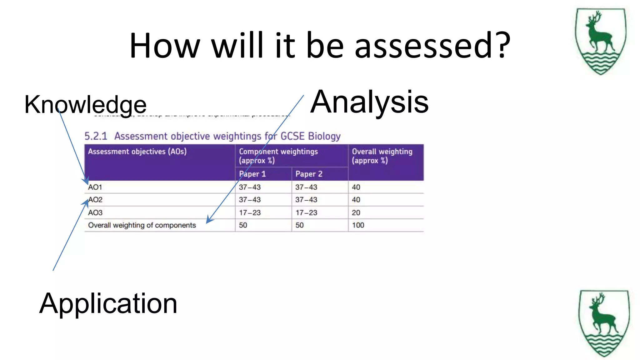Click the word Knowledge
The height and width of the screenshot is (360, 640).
click(x=85, y=105)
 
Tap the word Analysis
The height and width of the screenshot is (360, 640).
click(x=369, y=102)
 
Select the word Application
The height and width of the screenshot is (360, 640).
click(x=108, y=303)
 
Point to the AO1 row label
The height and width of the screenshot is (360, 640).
click(x=95, y=187)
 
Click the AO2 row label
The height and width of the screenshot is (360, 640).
click(x=95, y=200)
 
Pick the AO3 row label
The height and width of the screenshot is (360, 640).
click(x=95, y=213)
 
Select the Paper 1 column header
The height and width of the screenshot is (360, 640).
click(x=252, y=174)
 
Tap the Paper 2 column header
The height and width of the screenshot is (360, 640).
click(x=309, y=174)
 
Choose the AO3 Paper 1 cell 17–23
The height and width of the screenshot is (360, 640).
click(x=250, y=213)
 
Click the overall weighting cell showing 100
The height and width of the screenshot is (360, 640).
click(x=358, y=225)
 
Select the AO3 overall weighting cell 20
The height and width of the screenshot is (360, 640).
click(x=356, y=213)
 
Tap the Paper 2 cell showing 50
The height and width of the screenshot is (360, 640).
click(x=299, y=225)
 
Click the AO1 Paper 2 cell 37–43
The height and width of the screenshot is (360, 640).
click(x=306, y=187)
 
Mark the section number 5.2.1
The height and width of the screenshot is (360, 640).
click(x=96, y=136)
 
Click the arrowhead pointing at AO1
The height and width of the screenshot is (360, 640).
click(x=85, y=181)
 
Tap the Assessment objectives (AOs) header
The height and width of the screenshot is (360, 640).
click(x=137, y=152)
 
